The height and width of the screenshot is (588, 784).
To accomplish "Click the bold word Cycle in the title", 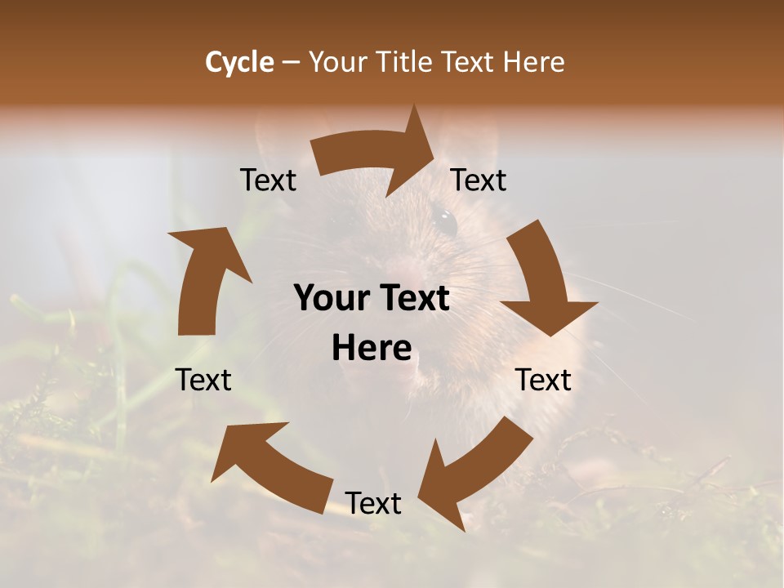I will (239, 62).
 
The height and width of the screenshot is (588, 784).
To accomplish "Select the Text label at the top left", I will (269, 180).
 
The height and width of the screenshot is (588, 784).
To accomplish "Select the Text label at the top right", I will (479, 180).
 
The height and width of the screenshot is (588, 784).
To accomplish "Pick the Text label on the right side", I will (544, 380).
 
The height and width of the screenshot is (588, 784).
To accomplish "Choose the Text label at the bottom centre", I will (373, 503).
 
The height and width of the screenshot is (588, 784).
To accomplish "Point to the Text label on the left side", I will (204, 380).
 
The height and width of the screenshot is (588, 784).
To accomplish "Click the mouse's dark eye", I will (445, 220).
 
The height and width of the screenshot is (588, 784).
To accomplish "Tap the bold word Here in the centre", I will (372, 349).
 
